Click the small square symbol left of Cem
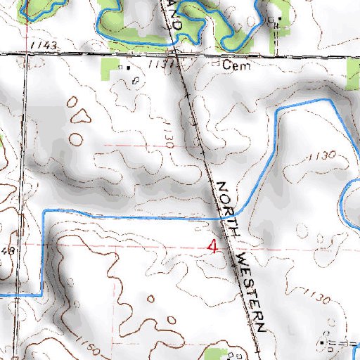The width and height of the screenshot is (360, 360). (x=215, y=63)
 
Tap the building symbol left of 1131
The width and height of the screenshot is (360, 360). (x=128, y=67)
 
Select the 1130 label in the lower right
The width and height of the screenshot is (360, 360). (x=316, y=297)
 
